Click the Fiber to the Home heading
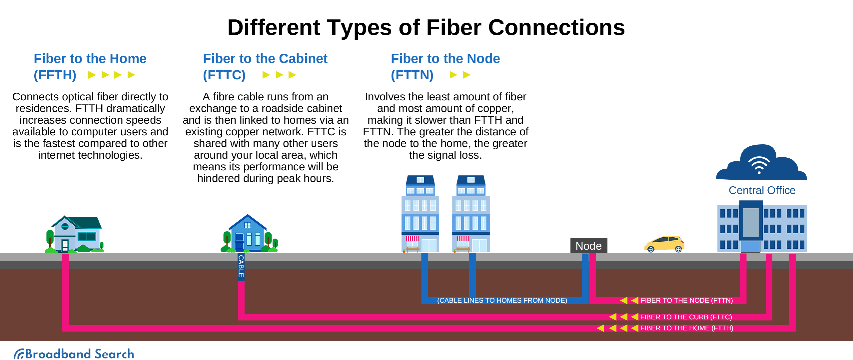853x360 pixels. click(90, 59)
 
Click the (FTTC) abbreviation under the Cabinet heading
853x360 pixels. click(224, 75)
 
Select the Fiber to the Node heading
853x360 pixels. click(445, 59)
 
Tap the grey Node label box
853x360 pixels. click(588, 246)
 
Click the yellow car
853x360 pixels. click(664, 243)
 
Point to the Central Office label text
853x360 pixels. click(762, 190)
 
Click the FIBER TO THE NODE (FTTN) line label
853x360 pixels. click(686, 300)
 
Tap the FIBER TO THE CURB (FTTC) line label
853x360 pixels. click(686, 317)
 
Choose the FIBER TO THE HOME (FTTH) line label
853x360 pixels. click(686, 328)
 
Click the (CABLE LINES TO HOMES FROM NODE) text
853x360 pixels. click(502, 300)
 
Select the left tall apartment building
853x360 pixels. click(420, 214)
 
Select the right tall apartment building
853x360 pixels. click(470, 214)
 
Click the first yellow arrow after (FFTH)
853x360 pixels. click(92, 75)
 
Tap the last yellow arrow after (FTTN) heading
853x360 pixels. click(467, 75)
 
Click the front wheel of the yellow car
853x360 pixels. click(651, 249)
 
